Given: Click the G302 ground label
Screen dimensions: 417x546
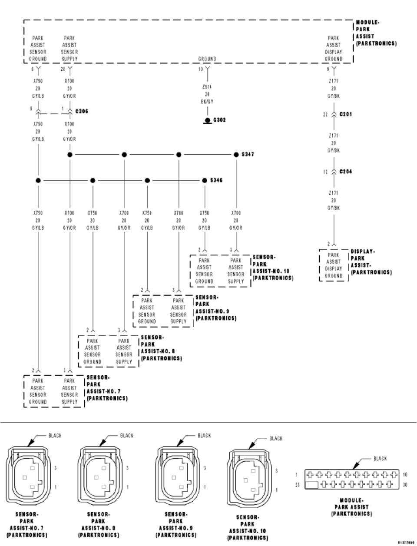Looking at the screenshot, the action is coord(219,120).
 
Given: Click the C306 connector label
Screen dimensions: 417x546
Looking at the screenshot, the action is coord(82,112).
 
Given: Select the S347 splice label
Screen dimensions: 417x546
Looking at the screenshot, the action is coord(248,155).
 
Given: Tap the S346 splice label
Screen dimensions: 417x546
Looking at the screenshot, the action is coord(216,180).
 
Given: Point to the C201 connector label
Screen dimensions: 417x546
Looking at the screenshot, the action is coord(346,114).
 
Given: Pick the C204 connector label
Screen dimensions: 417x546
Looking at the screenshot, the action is coord(346,172).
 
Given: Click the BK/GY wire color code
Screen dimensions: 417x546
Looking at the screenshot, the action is coord(207,102).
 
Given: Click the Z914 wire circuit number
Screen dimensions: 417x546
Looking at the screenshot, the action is coord(207,87).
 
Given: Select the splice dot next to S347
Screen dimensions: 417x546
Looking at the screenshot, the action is coord(236,154).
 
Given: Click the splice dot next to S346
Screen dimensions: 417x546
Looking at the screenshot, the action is coord(205,180).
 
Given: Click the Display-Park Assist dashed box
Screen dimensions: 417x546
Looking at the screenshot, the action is coord(334,265).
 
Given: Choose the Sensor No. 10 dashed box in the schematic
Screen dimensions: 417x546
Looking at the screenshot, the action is coord(220,271).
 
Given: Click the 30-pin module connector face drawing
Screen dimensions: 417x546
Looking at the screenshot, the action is coord(351,479).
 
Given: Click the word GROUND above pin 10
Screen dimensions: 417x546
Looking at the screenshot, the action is coord(207,59).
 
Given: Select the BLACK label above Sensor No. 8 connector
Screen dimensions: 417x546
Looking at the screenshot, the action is coord(127,435).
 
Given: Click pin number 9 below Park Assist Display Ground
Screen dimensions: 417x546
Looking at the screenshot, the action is coord(328,69).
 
